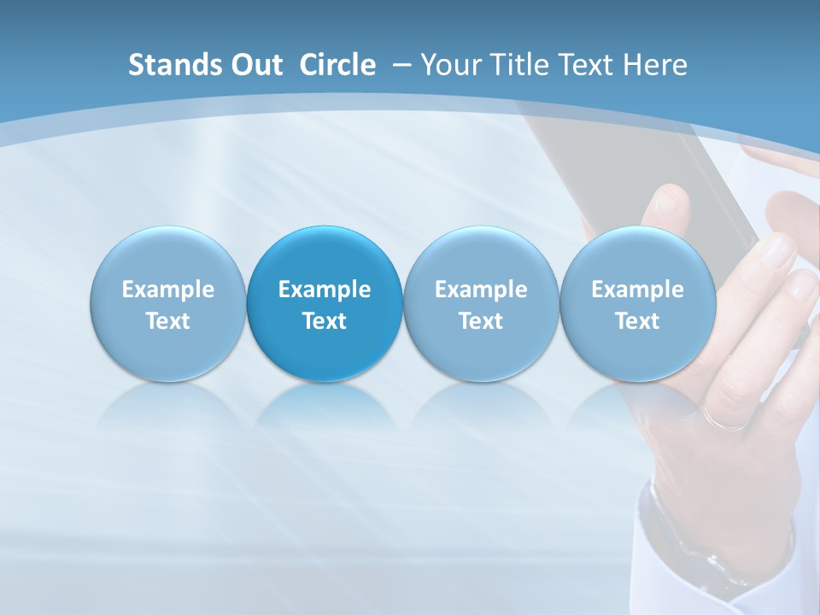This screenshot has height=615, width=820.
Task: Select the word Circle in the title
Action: pos(337,65)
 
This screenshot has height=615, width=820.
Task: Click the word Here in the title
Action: pos(654,65)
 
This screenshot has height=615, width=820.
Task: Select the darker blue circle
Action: pos(325,303)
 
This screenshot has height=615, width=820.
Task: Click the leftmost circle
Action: pos(168,303)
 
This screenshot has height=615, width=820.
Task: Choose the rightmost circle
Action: pos(638,303)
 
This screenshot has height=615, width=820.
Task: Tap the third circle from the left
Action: pos(481,303)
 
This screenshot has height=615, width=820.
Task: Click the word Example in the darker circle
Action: pos(325,290)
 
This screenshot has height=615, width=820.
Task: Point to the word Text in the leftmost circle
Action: pos(168,321)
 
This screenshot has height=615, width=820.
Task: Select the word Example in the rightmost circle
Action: pos(638,290)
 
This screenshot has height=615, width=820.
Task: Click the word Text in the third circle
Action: pos(481,321)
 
